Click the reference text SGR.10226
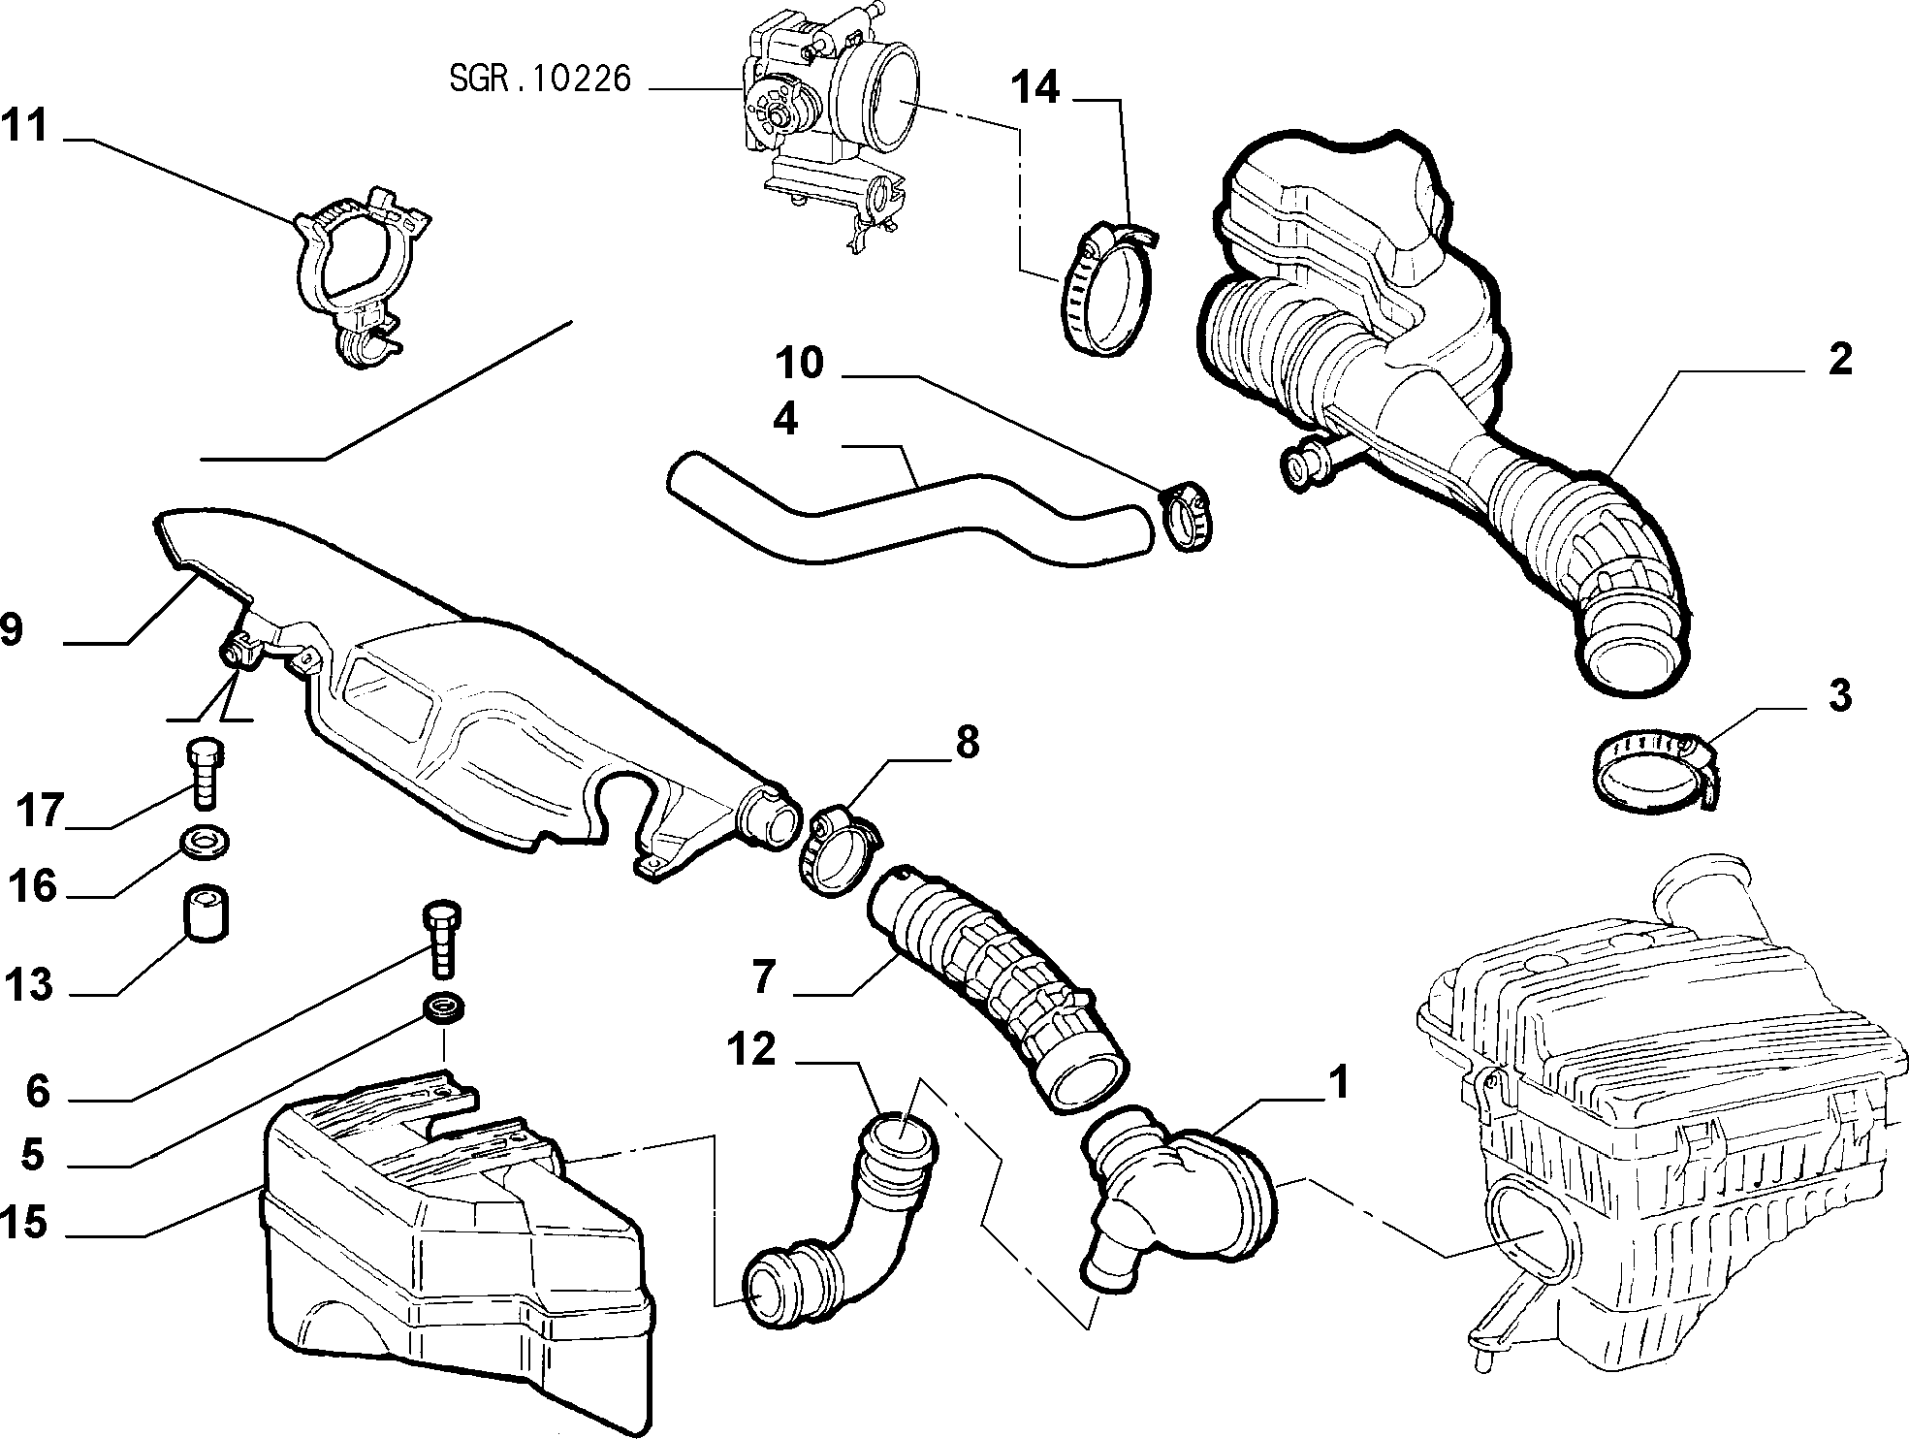click(540, 79)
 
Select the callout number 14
click(1035, 88)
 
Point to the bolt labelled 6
click(442, 940)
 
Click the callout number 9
click(12, 630)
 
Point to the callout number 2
click(1839, 359)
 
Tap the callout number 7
click(763, 976)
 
